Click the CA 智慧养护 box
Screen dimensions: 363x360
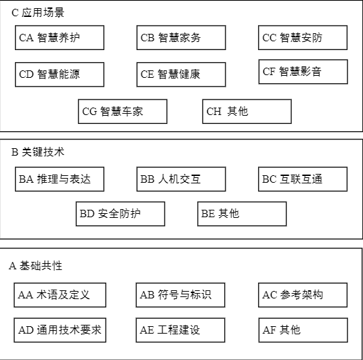point(60,37)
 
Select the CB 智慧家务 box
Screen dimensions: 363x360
point(181,37)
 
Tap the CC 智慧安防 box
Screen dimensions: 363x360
point(303,37)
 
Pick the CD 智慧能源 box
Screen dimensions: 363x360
point(60,74)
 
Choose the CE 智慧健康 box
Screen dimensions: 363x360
point(181,74)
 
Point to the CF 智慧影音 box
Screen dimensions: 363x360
point(303,72)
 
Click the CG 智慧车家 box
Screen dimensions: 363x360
point(123,112)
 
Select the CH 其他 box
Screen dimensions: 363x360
point(247,112)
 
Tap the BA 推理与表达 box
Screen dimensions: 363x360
point(60,179)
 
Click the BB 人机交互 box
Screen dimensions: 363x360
point(181,179)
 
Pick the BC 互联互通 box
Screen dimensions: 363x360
point(303,179)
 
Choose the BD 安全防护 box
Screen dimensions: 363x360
point(121,214)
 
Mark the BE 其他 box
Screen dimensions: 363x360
point(242,214)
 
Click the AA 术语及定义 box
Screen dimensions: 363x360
point(60,295)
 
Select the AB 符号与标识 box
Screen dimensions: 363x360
point(180,295)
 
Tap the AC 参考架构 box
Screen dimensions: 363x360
point(303,295)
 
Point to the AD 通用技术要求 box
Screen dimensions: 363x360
point(60,330)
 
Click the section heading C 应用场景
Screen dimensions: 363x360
point(38,12)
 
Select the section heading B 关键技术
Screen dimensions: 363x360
point(38,152)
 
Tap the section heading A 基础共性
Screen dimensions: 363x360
point(35,266)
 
